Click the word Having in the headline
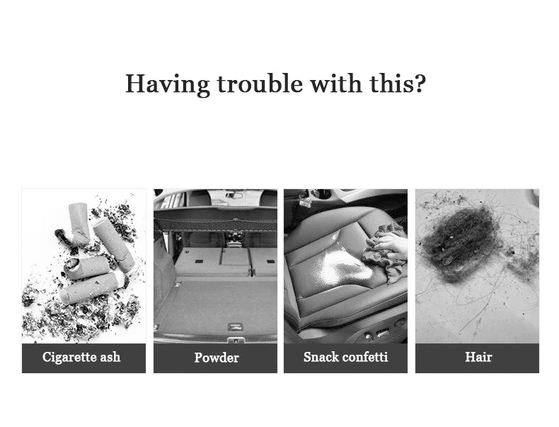tap(168, 84)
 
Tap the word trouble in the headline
tap(260, 84)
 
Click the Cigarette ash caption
tap(81, 357)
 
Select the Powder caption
tap(217, 358)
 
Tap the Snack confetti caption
tap(345, 357)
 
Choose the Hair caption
tap(478, 357)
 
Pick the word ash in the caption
tap(110, 357)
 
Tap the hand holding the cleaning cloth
tap(392, 246)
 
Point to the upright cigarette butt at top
tap(79, 223)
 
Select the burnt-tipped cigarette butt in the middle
tap(86, 267)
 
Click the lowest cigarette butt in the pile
tap(91, 287)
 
